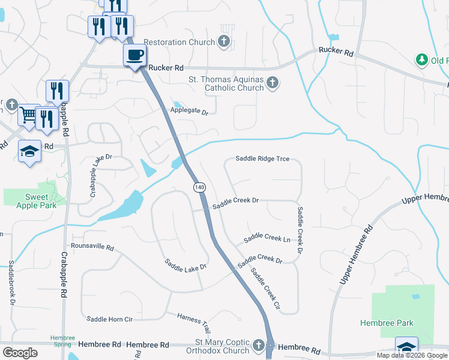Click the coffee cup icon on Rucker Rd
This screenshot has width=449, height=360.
tap(134, 55)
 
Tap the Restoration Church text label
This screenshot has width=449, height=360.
tap(172, 43)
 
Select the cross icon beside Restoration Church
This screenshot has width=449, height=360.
tap(224, 41)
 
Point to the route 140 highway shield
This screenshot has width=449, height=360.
tap(199, 188)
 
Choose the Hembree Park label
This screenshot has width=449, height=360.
tap(387, 323)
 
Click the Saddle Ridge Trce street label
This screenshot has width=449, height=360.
tap(262, 159)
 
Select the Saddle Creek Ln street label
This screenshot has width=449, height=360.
tap(267, 238)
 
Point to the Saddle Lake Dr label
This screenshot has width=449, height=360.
tap(186, 264)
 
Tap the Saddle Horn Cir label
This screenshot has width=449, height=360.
tap(109, 319)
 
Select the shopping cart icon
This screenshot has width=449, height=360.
tap(28, 113)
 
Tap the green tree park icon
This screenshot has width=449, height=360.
tap(421, 60)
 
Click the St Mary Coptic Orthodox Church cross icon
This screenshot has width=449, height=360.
tap(258, 346)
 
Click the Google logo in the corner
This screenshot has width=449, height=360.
tap(20, 353)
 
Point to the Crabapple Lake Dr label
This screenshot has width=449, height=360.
tap(93, 175)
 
